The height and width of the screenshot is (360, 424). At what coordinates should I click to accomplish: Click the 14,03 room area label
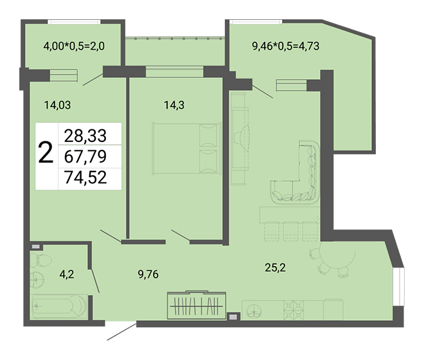pyautogui.click(x=57, y=105)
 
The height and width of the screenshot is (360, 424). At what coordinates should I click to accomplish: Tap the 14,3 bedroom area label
pyautogui.click(x=174, y=105)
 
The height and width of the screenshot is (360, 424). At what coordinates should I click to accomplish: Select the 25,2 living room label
pyautogui.click(x=275, y=267)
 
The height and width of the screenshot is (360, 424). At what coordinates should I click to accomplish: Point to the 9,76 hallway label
pyautogui.click(x=148, y=274)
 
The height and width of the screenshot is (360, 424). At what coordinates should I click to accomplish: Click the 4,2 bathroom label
pyautogui.click(x=67, y=274)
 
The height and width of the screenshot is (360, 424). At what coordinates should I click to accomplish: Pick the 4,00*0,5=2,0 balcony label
pyautogui.click(x=74, y=46)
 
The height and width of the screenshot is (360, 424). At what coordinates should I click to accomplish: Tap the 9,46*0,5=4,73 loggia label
pyautogui.click(x=285, y=46)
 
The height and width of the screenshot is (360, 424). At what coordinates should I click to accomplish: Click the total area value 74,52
pyautogui.click(x=85, y=177)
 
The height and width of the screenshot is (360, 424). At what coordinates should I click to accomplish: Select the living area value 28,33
pyautogui.click(x=85, y=136)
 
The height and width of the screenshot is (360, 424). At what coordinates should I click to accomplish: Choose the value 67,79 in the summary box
pyautogui.click(x=85, y=156)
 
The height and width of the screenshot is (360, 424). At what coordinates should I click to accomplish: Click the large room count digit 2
pyautogui.click(x=46, y=153)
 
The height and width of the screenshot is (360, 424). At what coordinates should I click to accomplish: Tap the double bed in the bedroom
pyautogui.click(x=187, y=148)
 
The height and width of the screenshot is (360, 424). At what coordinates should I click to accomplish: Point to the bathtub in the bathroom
pyautogui.click(x=58, y=307)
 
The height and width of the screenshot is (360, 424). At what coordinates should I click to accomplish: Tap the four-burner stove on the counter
pyautogui.click(x=294, y=310)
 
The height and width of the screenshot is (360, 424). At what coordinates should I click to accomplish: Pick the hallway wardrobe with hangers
pyautogui.click(x=197, y=305)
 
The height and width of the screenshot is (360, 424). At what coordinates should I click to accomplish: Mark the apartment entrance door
pyautogui.click(x=121, y=332)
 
